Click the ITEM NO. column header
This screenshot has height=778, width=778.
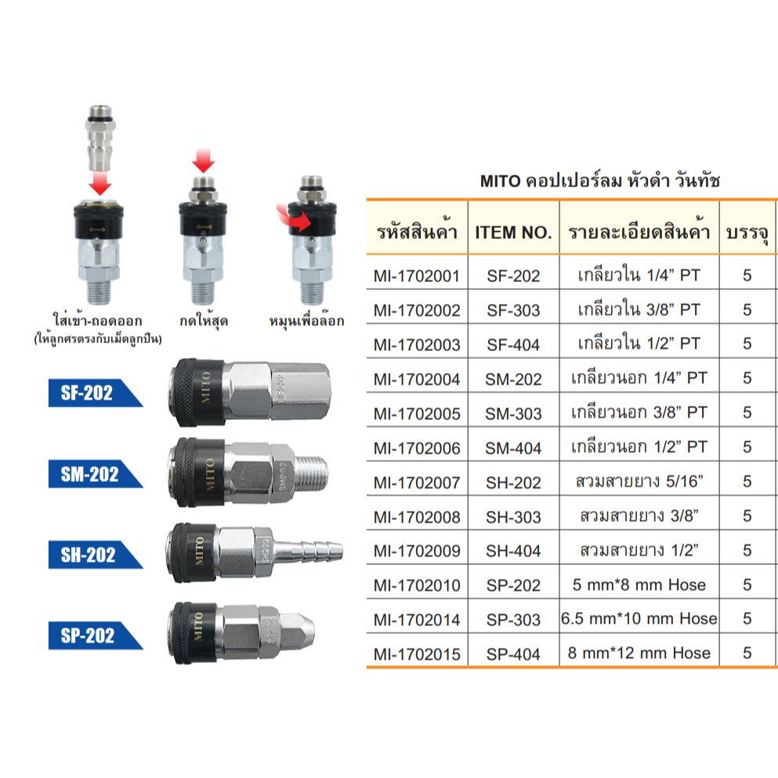pyautogui.click(x=513, y=232)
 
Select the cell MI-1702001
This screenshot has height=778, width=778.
pyautogui.click(x=417, y=276)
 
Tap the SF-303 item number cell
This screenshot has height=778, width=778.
pyautogui.click(x=513, y=310)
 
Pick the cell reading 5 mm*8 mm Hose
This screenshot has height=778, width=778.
pyautogui.click(x=639, y=584)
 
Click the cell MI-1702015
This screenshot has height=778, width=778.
pyautogui.click(x=417, y=654)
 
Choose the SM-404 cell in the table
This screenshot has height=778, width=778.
pyautogui.click(x=513, y=448)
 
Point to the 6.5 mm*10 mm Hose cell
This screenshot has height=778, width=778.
pyautogui.click(x=639, y=619)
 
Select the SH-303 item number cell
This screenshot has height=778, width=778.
pyautogui.click(x=513, y=517)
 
